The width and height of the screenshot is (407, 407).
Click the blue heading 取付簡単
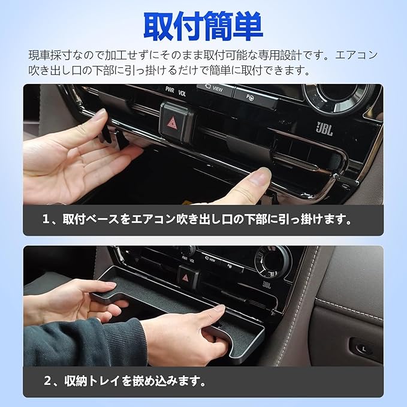tap(203, 26)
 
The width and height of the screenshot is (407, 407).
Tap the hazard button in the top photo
tap(176, 122)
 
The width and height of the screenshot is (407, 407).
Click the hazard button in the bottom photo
tap(188, 278)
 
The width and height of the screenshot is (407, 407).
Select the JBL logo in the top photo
tap(324, 128)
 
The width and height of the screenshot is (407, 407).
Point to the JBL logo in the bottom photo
tap(267, 285)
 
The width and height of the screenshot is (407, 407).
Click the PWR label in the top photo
tap(170, 90)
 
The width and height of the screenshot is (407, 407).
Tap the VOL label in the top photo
tap(182, 93)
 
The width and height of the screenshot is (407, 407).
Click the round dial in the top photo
tap(340, 97)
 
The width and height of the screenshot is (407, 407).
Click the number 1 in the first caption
tap(46, 219)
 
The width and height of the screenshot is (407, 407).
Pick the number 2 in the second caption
tap(47, 381)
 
